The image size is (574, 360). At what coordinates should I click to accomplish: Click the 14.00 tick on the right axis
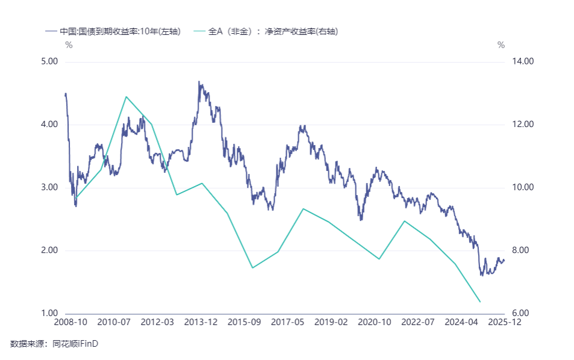pos(523,61)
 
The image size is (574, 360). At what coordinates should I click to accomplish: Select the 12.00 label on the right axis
pos(523,125)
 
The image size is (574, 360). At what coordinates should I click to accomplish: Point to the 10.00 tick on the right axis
pos(523,187)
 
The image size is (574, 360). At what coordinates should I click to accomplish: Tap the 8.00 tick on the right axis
pos(522,250)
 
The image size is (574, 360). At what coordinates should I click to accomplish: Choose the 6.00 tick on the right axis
pos(522,314)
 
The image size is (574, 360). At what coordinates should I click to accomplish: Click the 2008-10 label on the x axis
pos(71,323)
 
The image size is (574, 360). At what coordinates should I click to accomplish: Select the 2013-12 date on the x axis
pos(201,323)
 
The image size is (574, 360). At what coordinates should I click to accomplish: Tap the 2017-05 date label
pos(288,323)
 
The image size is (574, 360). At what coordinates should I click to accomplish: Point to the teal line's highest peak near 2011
pos(126,97)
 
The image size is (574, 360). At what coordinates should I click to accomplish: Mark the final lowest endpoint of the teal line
pos(479,302)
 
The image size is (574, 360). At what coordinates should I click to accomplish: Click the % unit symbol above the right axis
pos(501,45)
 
